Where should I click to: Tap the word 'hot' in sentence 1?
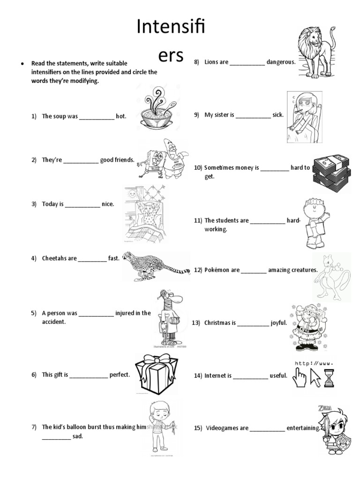coord(121,116)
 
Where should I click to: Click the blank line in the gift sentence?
coord(89,375)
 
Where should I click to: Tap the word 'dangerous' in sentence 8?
coord(280,62)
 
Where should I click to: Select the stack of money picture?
coord(331,173)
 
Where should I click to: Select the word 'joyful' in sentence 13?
coord(278,323)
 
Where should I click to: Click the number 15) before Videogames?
coord(197,428)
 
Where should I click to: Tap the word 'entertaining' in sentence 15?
coord(303,428)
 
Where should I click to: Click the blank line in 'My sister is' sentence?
coord(253,115)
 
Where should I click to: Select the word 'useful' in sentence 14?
coord(278,375)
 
